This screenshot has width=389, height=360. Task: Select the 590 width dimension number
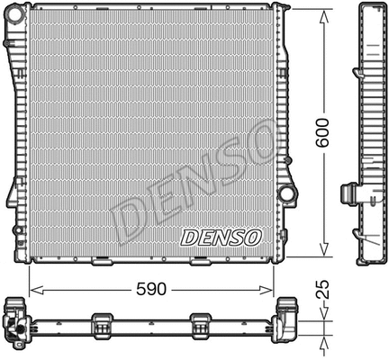point(151,291)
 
